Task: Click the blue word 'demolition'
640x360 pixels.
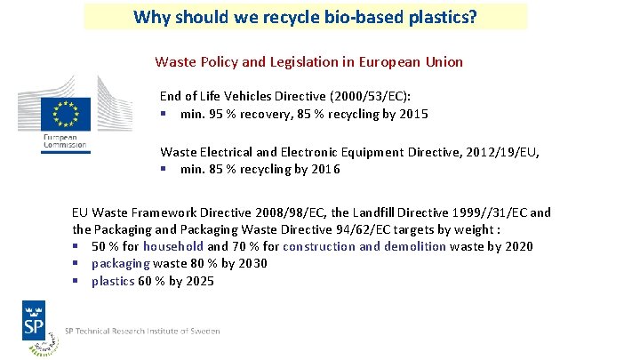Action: [413, 246]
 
